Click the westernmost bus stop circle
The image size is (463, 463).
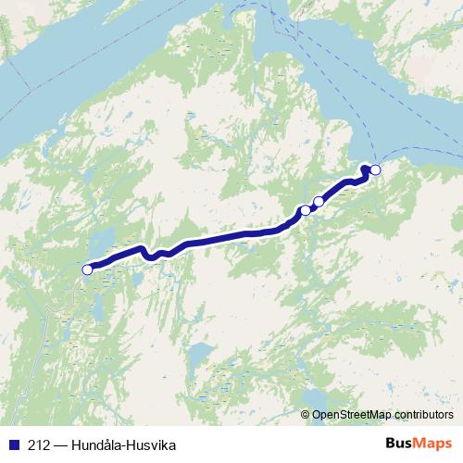(88, 269)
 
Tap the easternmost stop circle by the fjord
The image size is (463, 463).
(375, 170)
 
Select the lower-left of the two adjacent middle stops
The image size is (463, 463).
(305, 211)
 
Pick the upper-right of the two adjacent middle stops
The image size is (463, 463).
(319, 201)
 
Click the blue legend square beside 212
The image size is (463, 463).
(11, 444)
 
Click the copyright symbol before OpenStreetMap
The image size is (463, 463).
(306, 414)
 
